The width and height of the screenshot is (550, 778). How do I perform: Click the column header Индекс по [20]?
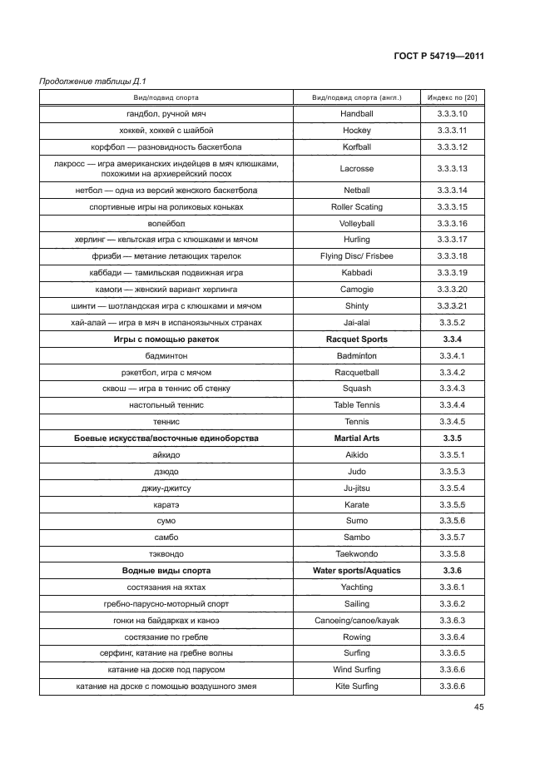[x=452, y=97]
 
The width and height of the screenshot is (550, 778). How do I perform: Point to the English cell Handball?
[x=357, y=114]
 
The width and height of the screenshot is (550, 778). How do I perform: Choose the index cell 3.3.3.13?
[x=452, y=169]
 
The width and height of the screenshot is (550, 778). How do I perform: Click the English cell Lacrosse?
[x=357, y=169]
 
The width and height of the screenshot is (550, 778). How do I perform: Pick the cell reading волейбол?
[x=166, y=224]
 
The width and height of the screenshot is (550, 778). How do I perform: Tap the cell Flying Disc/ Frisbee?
[x=357, y=256]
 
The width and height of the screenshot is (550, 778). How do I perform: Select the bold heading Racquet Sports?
[x=357, y=339]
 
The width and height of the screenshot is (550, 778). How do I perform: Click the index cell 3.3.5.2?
[x=452, y=323]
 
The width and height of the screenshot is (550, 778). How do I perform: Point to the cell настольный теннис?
[x=166, y=405]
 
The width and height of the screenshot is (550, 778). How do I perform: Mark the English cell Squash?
[x=357, y=389]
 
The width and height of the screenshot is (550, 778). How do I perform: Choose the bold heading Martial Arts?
[x=357, y=439]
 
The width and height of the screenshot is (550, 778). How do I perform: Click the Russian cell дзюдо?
[x=166, y=472]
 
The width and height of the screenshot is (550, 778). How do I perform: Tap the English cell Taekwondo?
[x=357, y=554]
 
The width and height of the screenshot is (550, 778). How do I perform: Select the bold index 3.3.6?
[x=452, y=571]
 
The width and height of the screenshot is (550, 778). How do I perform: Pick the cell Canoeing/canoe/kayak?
[x=357, y=621]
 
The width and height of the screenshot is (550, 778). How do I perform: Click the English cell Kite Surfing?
[x=357, y=686]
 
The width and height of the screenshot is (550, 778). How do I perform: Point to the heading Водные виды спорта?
[x=166, y=571]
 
